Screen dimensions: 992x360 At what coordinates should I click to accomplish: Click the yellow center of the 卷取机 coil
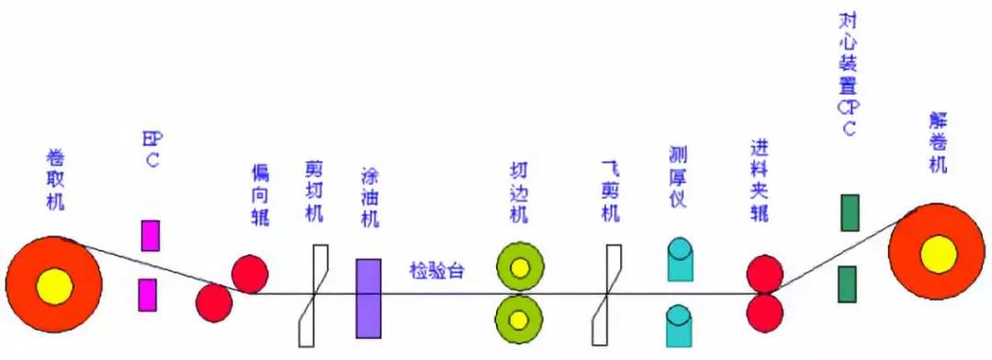point(54,287)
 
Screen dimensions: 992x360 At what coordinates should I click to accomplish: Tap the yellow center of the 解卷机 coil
point(938,253)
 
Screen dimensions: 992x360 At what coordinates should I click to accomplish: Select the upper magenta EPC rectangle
point(149,236)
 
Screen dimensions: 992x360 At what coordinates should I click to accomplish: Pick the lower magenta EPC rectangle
point(147,295)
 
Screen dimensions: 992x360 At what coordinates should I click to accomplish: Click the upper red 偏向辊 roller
point(249,274)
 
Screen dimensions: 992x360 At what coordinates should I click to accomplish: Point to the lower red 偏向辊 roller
point(214,302)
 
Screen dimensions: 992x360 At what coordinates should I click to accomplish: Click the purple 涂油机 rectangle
point(367,298)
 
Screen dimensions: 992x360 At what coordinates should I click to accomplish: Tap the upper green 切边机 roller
point(519,267)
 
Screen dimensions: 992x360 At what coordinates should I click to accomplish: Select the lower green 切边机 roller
point(519,319)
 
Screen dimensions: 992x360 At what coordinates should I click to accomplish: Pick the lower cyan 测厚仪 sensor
point(680,325)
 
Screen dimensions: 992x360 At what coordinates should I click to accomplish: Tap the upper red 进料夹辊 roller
point(764,274)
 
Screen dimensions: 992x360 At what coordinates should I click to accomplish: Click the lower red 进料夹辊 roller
point(764,312)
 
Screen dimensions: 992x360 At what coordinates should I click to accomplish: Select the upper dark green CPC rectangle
point(850,212)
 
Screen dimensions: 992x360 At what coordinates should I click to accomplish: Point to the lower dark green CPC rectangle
point(848,284)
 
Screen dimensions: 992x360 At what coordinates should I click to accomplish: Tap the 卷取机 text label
point(54,175)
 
